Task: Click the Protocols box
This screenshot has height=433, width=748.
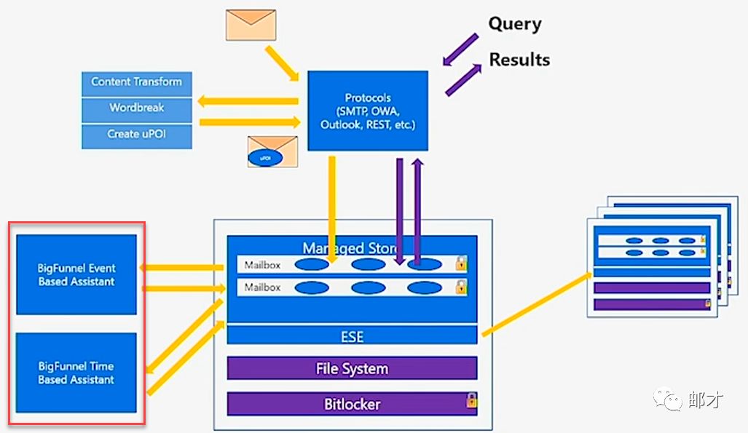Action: pyautogui.click(x=367, y=111)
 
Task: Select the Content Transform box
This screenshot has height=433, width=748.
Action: pyautogui.click(x=136, y=82)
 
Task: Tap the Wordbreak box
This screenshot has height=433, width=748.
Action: pyautogui.click(x=136, y=108)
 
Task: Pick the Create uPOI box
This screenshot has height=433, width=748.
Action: pyautogui.click(x=136, y=135)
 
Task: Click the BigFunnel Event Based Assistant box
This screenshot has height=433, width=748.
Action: pyautogui.click(x=76, y=274)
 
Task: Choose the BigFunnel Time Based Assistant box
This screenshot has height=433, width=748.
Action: pyautogui.click(x=76, y=373)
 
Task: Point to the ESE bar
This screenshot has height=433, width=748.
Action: pyautogui.click(x=352, y=336)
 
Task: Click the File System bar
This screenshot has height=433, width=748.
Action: pyautogui.click(x=352, y=368)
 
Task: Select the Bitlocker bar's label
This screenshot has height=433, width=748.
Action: pyautogui.click(x=352, y=404)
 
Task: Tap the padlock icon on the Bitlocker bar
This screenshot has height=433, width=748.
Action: pyautogui.click(x=471, y=400)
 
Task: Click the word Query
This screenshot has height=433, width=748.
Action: pyautogui.click(x=514, y=24)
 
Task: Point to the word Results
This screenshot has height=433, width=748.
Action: pyautogui.click(x=519, y=60)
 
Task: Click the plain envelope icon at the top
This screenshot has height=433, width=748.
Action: pyautogui.click(x=251, y=25)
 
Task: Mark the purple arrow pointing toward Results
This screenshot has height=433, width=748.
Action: pyautogui.click(x=463, y=79)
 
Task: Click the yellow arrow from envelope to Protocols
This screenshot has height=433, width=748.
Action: pyautogui.click(x=283, y=63)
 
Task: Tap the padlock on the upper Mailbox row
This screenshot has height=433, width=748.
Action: pyautogui.click(x=461, y=263)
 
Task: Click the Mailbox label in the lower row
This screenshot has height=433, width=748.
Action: pyautogui.click(x=262, y=287)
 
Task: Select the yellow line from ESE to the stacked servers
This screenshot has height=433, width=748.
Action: pyautogui.click(x=536, y=304)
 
